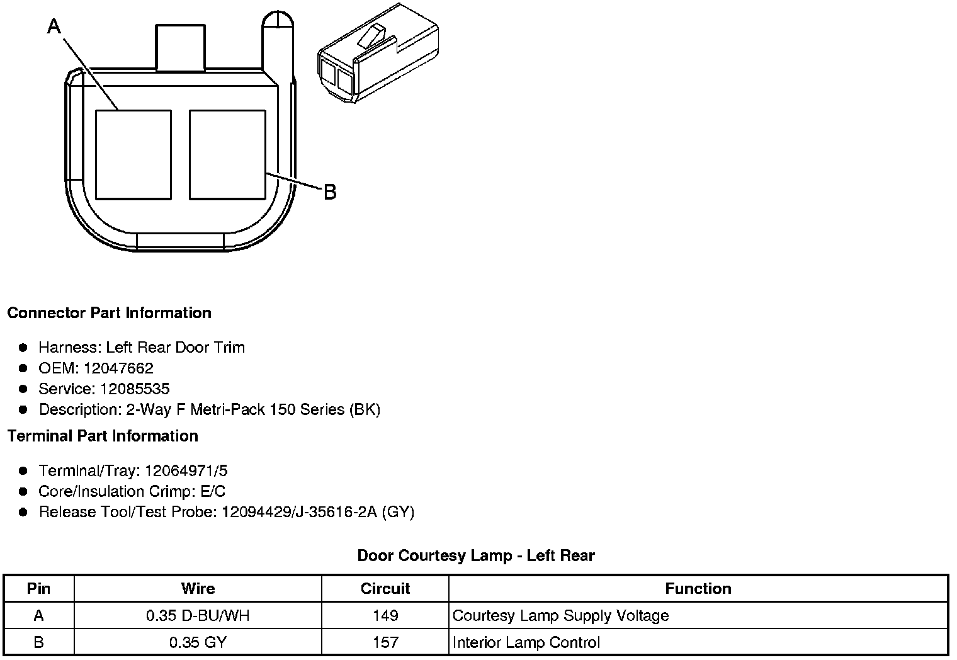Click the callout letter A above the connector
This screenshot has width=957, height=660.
pyautogui.click(x=54, y=26)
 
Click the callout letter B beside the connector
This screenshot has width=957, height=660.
pyautogui.click(x=330, y=192)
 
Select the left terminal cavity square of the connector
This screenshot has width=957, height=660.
pyautogui.click(x=133, y=155)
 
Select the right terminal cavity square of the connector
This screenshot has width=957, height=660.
pyautogui.click(x=227, y=155)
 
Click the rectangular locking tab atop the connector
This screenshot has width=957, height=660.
pyautogui.click(x=180, y=48)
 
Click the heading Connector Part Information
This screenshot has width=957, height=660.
pyautogui.click(x=109, y=313)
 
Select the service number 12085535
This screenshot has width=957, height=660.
pyautogui.click(x=135, y=389)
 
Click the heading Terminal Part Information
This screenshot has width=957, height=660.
pyautogui.click(x=103, y=436)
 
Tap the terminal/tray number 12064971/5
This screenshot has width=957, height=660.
pyautogui.click(x=186, y=470)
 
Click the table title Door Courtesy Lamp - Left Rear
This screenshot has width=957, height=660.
pyautogui.click(x=476, y=555)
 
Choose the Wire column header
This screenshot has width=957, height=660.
pyautogui.click(x=198, y=588)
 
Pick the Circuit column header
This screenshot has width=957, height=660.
pyautogui.click(x=385, y=588)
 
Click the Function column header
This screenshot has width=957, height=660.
pyautogui.click(x=698, y=588)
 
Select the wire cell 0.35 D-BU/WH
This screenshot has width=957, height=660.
pyautogui.click(x=198, y=615)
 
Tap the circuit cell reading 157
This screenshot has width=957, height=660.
pyautogui.click(x=385, y=642)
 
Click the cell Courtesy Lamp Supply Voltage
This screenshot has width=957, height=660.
pyautogui.click(x=560, y=615)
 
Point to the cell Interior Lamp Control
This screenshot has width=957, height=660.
pyautogui.click(x=526, y=642)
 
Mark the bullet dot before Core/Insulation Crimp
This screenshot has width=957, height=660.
pyautogui.click(x=23, y=491)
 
